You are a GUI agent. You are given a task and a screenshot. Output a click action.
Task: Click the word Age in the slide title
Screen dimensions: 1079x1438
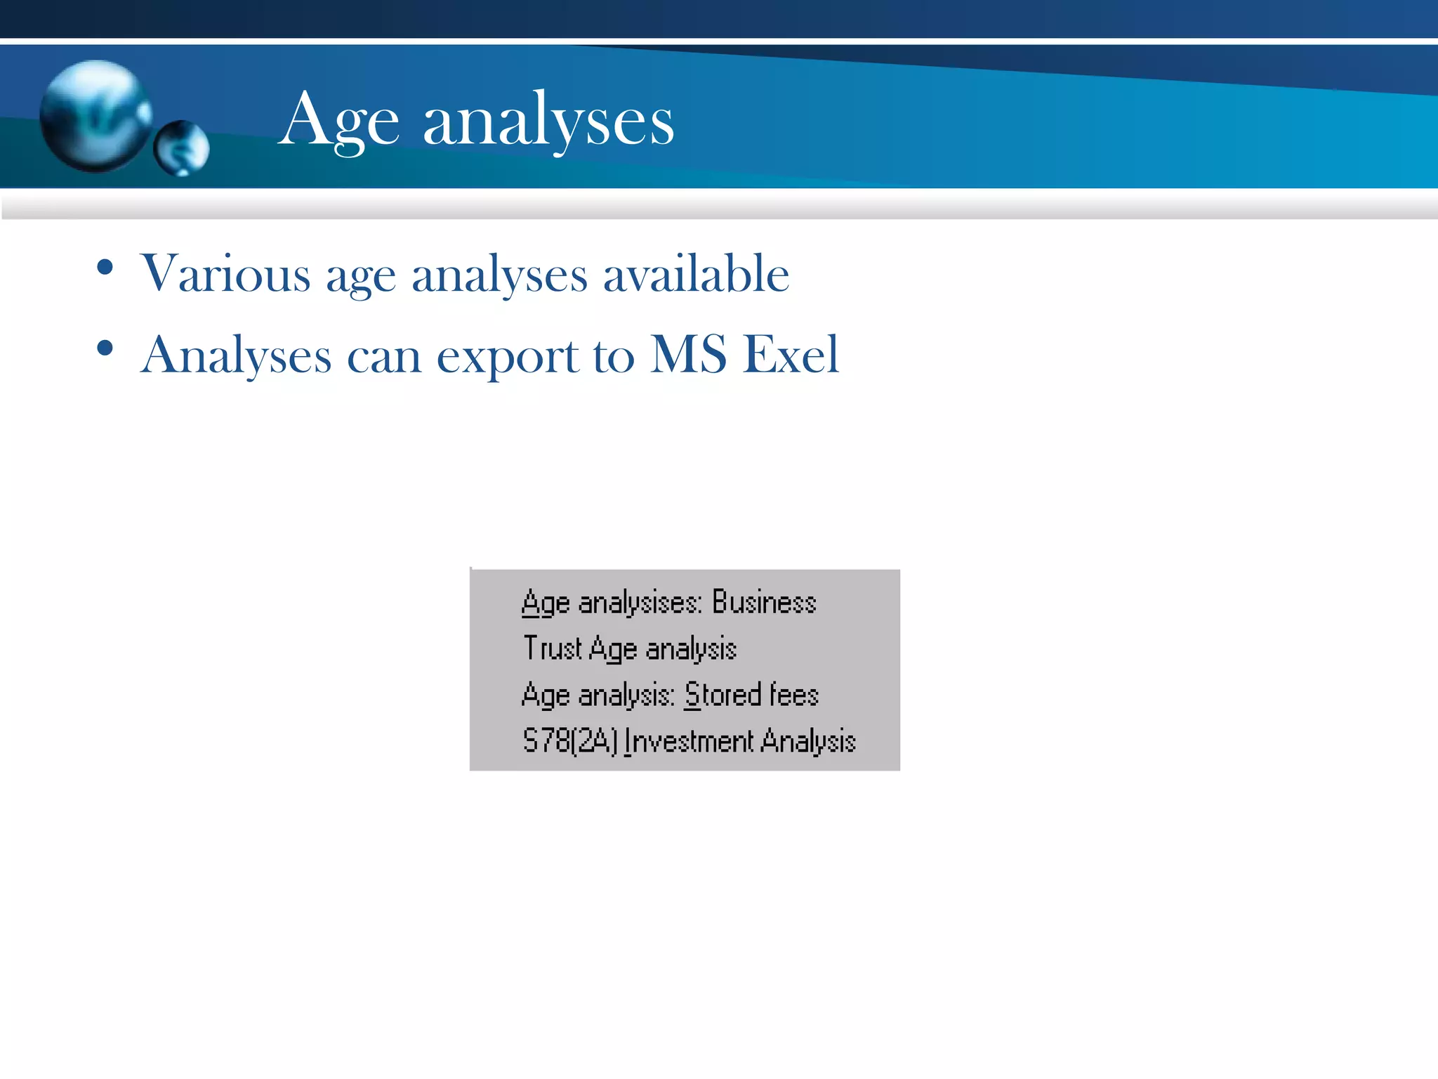(340, 121)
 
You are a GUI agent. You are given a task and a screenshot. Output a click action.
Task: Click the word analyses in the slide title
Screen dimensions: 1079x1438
(548, 121)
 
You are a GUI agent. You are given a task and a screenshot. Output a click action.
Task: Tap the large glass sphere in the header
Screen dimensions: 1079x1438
(95, 116)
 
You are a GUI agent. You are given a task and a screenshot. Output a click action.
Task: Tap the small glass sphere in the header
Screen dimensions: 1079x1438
(182, 148)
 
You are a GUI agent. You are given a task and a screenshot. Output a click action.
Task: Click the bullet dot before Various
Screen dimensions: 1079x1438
(105, 268)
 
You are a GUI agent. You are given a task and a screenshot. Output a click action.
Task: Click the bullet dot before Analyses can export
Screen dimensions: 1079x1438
(105, 348)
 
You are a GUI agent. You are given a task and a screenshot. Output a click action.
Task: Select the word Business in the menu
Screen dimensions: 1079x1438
(764, 602)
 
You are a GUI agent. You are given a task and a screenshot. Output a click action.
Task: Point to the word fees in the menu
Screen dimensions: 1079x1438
(794, 694)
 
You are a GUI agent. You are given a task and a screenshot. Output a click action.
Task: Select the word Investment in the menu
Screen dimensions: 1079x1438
(689, 740)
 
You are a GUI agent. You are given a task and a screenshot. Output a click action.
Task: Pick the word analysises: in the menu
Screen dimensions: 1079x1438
(640, 603)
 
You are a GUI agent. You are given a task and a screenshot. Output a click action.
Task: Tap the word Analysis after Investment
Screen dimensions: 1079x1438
(808, 740)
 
